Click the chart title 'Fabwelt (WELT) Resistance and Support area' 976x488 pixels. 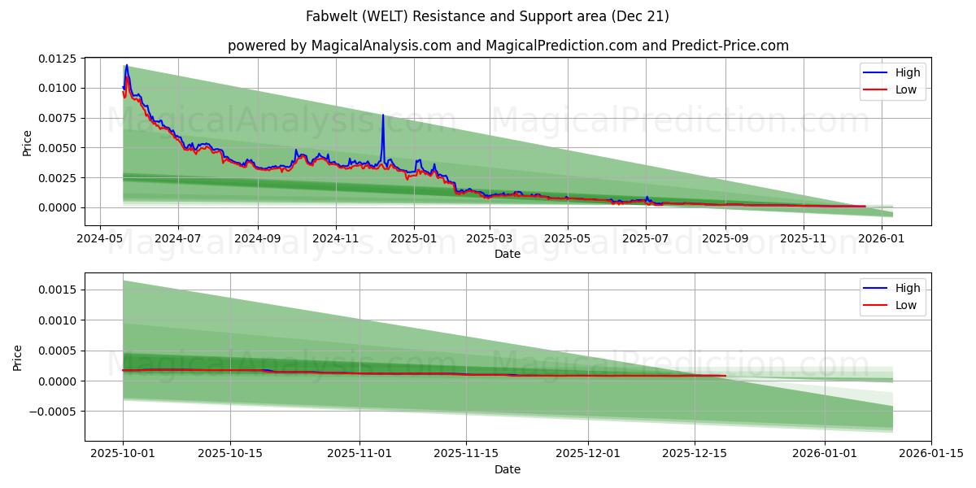pyautogui.click(x=487, y=16)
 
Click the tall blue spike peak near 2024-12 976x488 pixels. pyautogui.click(x=383, y=115)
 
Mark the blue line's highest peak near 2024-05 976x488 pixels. pyautogui.click(x=126, y=65)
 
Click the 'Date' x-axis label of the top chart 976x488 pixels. pyautogui.click(x=508, y=254)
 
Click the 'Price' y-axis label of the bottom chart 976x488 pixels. pyautogui.click(x=18, y=357)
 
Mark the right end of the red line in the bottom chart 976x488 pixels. pyautogui.click(x=725, y=376)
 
